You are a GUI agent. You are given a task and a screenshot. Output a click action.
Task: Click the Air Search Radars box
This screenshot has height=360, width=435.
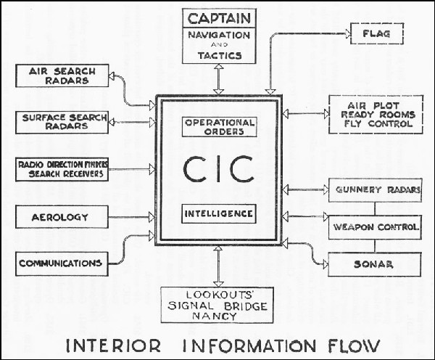pyautogui.click(x=62, y=75)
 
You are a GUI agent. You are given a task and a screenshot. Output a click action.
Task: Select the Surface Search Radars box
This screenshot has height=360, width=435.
pyautogui.click(x=62, y=123)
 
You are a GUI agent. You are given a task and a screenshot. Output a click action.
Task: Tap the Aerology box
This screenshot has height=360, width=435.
pyautogui.click(x=62, y=217)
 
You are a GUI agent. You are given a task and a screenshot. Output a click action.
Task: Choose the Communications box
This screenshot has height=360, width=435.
pyautogui.click(x=62, y=264)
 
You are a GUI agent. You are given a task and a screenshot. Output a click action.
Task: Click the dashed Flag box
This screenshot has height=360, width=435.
pyautogui.click(x=377, y=33)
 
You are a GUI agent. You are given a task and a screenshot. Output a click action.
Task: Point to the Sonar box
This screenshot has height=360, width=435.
pyautogui.click(x=375, y=264)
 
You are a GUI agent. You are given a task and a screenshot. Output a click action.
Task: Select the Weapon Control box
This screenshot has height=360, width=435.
pyautogui.click(x=375, y=227)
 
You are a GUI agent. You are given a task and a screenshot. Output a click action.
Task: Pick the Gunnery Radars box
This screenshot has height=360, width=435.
pyautogui.click(x=375, y=190)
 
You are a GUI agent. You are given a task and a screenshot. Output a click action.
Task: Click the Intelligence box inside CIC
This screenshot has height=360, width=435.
pyautogui.click(x=219, y=213)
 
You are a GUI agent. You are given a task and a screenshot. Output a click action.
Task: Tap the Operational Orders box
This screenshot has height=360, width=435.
pyautogui.click(x=220, y=127)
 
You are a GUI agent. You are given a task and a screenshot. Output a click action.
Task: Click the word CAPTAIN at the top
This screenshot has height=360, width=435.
pyautogui.click(x=219, y=19)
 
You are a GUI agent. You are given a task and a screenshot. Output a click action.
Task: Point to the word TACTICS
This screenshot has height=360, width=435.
pyautogui.click(x=220, y=56)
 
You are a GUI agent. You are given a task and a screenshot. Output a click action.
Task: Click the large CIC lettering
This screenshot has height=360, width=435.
pyautogui.click(x=219, y=169)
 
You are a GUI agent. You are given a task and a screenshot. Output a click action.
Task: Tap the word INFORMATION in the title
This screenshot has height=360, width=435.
pyautogui.click(x=249, y=346)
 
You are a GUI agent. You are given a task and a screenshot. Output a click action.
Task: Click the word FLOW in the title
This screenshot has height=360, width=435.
pyautogui.click(x=354, y=346)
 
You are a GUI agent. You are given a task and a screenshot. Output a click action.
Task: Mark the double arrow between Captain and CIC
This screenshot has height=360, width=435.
pyautogui.click(x=219, y=79)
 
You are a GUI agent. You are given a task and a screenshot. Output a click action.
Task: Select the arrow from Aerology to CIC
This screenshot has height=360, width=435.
pyautogui.click(x=131, y=217)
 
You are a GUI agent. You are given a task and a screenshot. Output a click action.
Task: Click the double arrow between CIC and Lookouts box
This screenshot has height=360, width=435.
pyautogui.click(x=219, y=266)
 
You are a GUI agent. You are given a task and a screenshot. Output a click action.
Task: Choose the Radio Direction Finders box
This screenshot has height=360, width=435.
pyautogui.click(x=62, y=169)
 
